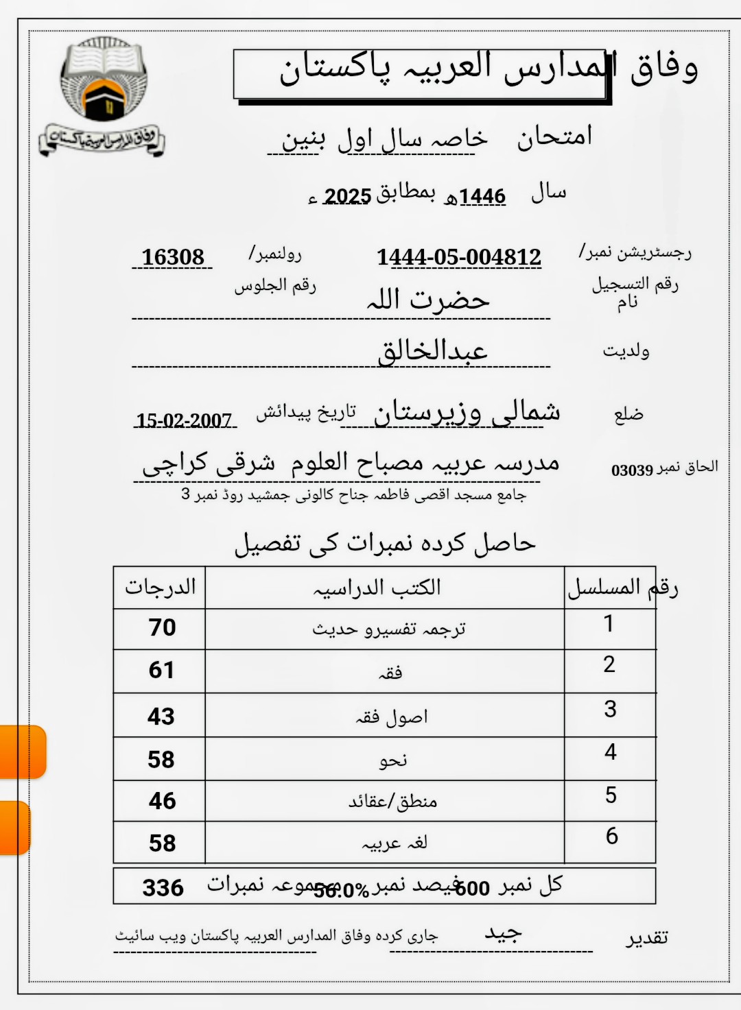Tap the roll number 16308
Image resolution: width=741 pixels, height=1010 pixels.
[x=173, y=257]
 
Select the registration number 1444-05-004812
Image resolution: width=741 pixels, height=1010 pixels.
[x=458, y=257]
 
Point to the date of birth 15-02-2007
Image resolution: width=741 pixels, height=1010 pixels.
[x=184, y=420]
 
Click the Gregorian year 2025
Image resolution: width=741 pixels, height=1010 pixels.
[x=347, y=197]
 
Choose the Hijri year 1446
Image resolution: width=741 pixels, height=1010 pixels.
[x=482, y=197]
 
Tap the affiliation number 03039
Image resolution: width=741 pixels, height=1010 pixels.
[x=632, y=470]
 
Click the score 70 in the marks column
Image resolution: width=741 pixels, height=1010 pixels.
[x=162, y=627]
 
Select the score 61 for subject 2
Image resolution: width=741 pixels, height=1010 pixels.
[x=162, y=670]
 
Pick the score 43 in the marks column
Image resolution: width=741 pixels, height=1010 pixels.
[x=161, y=717]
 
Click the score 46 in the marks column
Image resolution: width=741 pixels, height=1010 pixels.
[x=162, y=801]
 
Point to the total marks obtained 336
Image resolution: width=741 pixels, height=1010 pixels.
[x=163, y=888]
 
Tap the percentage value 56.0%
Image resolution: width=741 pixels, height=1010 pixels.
[x=342, y=891]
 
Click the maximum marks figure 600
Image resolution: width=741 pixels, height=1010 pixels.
[x=472, y=889]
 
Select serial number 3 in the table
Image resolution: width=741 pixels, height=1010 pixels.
[x=610, y=709]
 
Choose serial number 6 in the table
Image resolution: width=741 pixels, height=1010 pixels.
[x=611, y=836]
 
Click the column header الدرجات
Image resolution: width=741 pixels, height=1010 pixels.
[x=160, y=587]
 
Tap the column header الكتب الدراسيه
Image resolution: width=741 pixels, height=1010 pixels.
[x=377, y=588]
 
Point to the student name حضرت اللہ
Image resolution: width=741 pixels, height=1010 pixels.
[x=428, y=300]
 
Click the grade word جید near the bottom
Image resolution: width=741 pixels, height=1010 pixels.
[x=504, y=933]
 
